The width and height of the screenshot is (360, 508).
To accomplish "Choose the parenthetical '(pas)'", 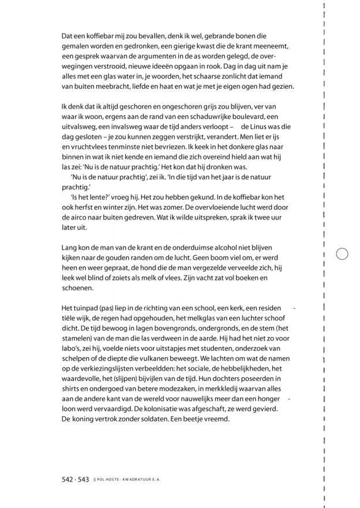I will [x=108, y=309].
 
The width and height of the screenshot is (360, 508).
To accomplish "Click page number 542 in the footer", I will [x=67, y=480].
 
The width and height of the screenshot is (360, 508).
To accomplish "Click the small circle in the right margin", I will [x=342, y=255].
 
